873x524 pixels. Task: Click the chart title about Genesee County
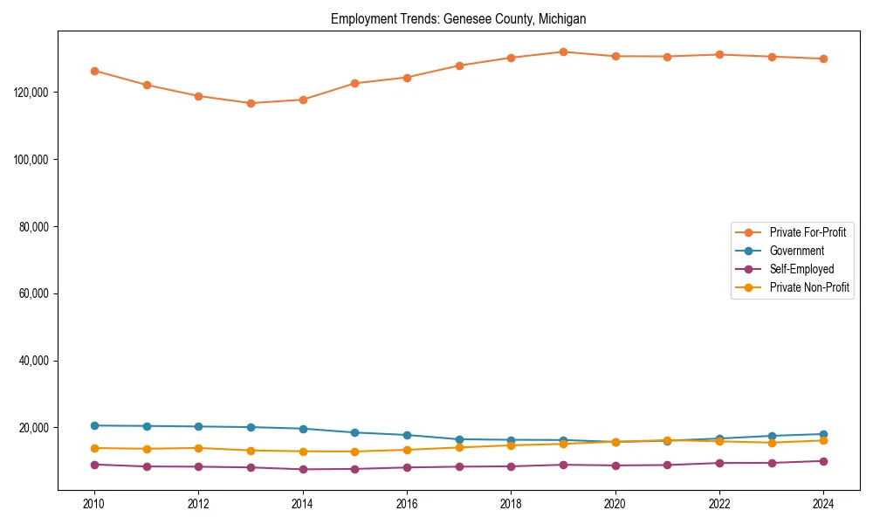[458, 18]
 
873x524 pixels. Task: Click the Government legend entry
[796, 251]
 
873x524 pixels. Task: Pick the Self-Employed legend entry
[801, 269]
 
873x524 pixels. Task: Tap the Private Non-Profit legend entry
[809, 287]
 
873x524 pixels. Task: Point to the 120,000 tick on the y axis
[35, 93]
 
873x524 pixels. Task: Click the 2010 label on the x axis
[94, 504]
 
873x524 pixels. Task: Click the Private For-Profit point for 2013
[251, 103]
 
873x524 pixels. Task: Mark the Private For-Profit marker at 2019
[563, 52]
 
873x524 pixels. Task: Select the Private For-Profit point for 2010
[94, 71]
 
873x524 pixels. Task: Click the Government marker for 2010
[94, 425]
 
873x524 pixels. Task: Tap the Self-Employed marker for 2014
[303, 469]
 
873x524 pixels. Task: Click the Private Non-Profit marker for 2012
[198, 448]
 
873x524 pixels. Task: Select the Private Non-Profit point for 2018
[511, 445]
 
